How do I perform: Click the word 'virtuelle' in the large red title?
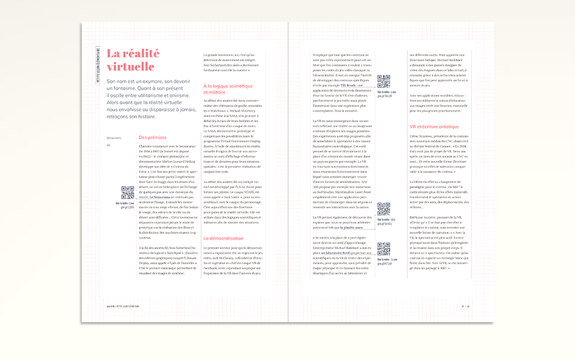pyautogui.click(x=130, y=67)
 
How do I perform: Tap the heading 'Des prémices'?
pyautogui.click(x=152, y=137)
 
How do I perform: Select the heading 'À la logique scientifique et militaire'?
pyautogui.click(x=227, y=89)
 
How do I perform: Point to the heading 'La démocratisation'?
pyautogui.click(x=223, y=237)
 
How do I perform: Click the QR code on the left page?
pyautogui.click(x=127, y=193)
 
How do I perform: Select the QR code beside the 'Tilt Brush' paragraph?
pyautogui.click(x=384, y=82)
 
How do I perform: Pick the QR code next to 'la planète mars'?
pyautogui.click(x=384, y=209)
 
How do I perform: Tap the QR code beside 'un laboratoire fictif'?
pyautogui.click(x=384, y=248)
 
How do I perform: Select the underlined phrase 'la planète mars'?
pyautogui.click(x=353, y=227)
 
